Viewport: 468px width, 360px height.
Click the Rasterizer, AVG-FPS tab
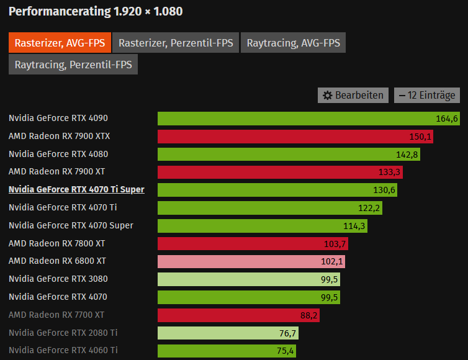(60, 43)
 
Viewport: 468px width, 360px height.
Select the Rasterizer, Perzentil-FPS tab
(176, 43)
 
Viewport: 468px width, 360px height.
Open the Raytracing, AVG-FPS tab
(293, 43)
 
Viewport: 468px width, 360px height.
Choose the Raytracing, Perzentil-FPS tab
(73, 65)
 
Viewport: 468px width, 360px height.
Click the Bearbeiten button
(354, 95)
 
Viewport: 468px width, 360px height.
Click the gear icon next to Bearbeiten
(328, 96)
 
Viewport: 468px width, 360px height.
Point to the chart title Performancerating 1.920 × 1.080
(96, 12)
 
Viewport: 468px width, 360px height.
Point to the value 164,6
(447, 118)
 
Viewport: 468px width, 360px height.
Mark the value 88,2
(309, 315)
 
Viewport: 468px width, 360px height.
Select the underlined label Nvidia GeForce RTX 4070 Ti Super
(76, 189)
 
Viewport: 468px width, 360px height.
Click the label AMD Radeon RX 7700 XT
(56, 315)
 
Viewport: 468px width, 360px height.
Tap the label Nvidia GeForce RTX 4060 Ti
(63, 351)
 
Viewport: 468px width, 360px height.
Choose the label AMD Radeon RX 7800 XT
(57, 243)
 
